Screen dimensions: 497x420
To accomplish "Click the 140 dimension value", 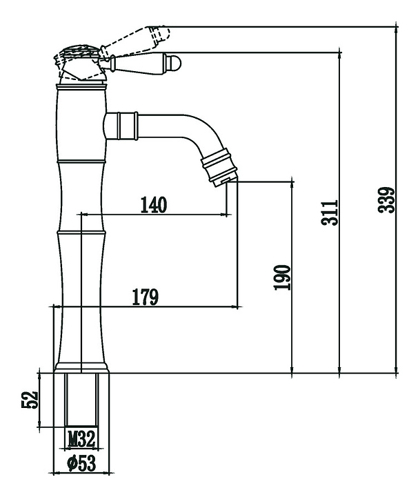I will (x=154, y=205).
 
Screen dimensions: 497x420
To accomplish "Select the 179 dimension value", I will (x=146, y=297).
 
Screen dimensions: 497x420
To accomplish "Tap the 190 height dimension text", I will (x=283, y=277).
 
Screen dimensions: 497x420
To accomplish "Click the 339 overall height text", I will (x=390, y=200).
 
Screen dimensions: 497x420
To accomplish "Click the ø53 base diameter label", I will (x=81, y=464).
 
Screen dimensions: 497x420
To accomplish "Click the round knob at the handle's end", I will (x=175, y=63).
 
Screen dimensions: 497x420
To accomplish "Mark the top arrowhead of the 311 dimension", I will (x=339, y=54).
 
